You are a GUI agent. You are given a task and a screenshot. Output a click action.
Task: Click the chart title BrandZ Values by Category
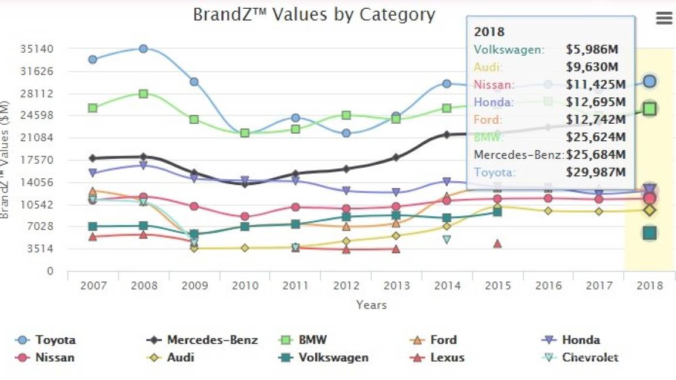[x=314, y=15]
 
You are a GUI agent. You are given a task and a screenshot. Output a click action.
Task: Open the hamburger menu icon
[x=664, y=18]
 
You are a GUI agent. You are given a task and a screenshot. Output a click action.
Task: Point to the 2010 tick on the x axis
[x=245, y=286]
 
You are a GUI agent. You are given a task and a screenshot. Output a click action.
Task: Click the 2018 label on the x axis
[x=649, y=286]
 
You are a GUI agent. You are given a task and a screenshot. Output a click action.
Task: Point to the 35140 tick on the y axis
[x=41, y=49]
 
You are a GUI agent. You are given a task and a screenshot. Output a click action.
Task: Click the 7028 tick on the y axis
[x=42, y=226]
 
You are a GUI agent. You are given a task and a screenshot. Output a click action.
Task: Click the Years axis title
[x=371, y=305]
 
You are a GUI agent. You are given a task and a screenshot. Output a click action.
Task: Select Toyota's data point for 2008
[x=143, y=49]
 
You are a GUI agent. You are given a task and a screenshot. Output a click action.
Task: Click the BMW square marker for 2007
[x=93, y=108]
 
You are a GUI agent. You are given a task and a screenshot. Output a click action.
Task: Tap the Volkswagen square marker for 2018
[x=649, y=233]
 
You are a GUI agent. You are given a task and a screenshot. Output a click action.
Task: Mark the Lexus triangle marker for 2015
[x=497, y=243]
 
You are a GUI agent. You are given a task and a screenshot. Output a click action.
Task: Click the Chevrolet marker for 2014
[x=447, y=239]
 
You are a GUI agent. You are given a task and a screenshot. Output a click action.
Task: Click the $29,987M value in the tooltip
[x=596, y=172]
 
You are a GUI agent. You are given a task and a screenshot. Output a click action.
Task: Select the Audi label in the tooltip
[x=488, y=67]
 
